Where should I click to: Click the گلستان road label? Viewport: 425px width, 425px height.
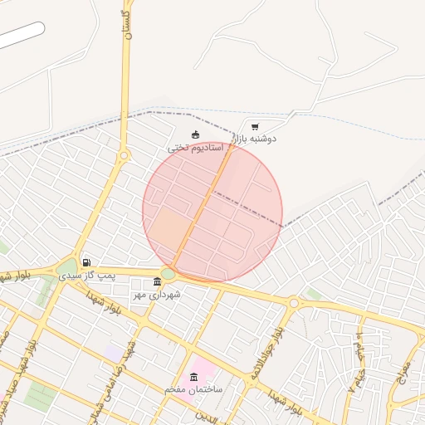click(126, 25)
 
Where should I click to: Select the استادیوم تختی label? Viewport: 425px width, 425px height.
click(197, 148)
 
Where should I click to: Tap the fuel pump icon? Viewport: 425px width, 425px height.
click(86, 263)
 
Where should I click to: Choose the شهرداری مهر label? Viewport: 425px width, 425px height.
click(157, 294)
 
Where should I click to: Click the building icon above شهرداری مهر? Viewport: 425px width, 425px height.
click(158, 282)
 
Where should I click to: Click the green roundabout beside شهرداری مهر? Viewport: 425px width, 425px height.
click(168, 273)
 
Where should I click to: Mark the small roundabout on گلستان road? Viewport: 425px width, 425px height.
click(125, 155)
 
